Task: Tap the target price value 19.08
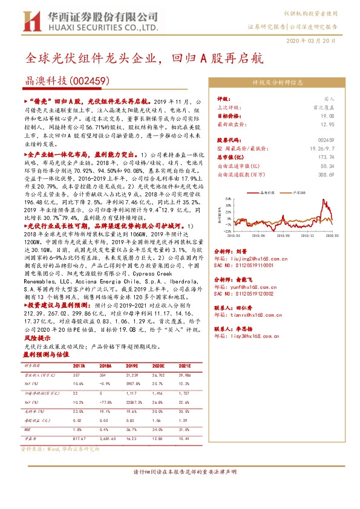(x=327, y=115)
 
